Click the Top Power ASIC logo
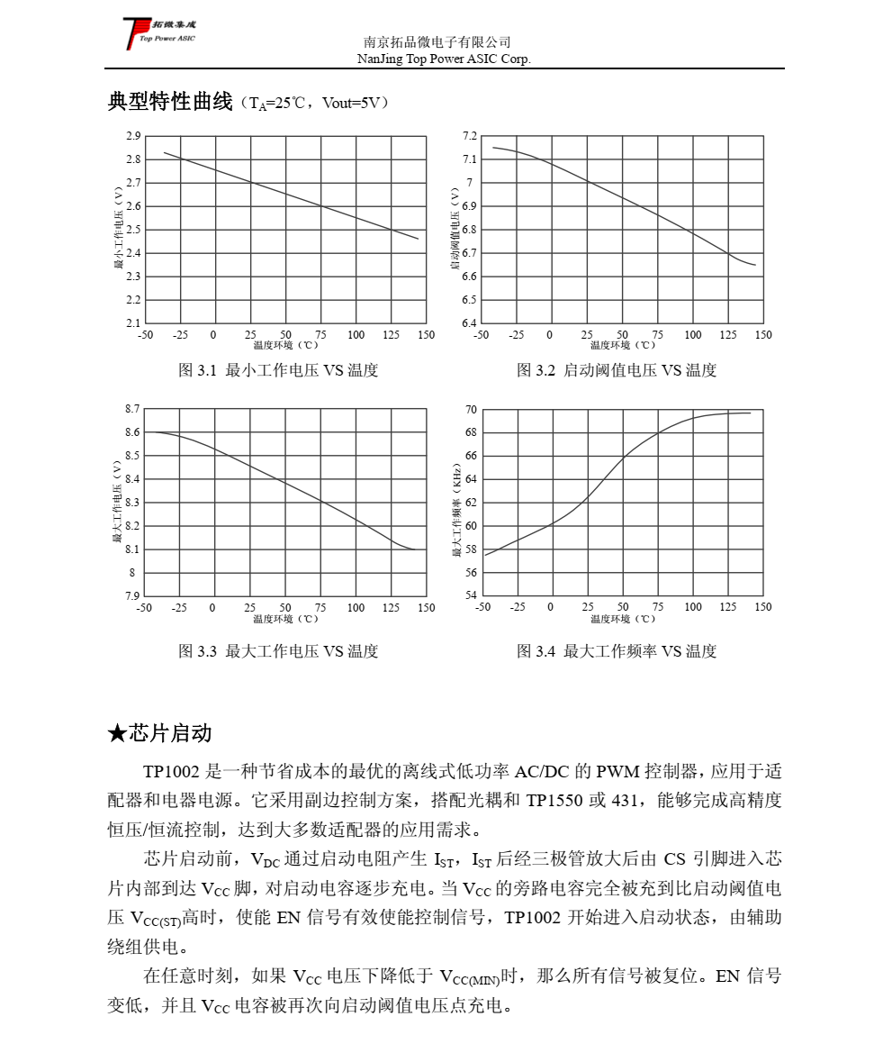158,32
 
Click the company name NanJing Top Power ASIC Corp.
445,59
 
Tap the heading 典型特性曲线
170,102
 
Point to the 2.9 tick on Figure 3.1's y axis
133,136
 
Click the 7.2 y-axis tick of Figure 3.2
469,136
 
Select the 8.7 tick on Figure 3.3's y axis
132,409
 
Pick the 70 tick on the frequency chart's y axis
471,410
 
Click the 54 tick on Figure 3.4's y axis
471,595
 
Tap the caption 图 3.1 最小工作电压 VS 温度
278,370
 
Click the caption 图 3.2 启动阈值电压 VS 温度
617,370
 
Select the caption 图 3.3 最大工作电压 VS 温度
278,651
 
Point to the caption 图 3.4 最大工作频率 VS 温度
617,651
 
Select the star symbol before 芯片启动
116,733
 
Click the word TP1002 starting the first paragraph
173,772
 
